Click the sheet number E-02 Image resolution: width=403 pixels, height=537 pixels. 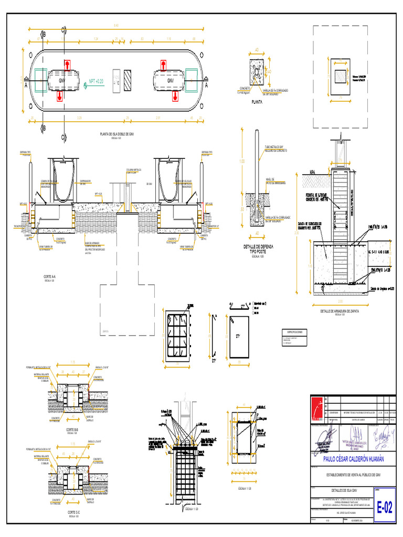click(385, 508)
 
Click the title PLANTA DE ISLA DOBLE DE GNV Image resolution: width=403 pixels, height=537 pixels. click(117, 134)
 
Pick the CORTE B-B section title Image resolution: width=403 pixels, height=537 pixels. click(73, 429)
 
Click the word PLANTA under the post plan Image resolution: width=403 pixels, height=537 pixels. click(257, 102)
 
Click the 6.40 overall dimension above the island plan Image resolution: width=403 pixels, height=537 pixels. click(116, 26)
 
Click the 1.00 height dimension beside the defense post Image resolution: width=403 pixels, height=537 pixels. click(242, 162)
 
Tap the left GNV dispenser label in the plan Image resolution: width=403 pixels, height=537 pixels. click(61, 82)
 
